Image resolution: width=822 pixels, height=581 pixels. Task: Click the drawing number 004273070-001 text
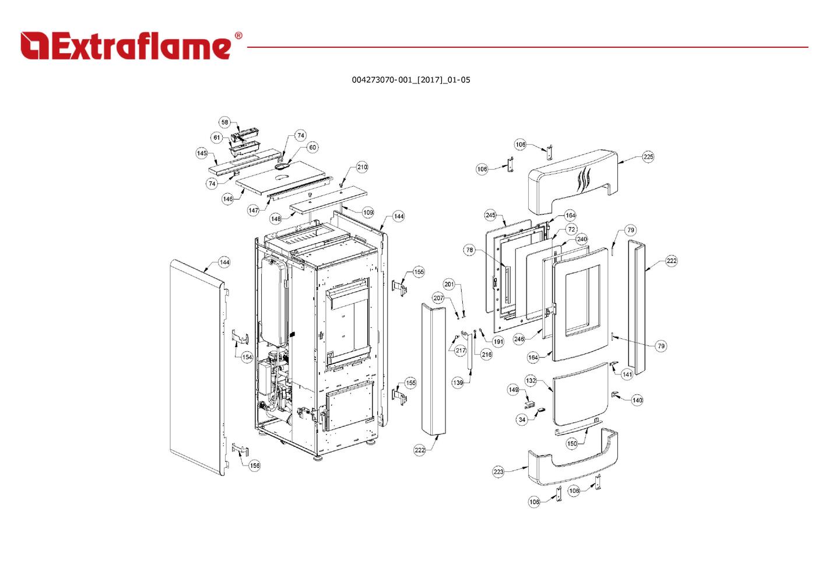click(410, 80)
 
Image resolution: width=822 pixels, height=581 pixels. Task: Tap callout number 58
click(224, 123)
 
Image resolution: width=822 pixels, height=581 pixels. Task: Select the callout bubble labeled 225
click(648, 157)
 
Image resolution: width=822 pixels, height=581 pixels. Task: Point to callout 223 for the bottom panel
click(498, 472)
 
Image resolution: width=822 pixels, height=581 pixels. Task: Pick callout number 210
click(362, 167)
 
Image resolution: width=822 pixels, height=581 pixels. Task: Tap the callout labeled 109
click(368, 212)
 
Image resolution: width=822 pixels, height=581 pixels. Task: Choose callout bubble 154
click(247, 357)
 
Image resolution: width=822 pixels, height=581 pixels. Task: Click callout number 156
click(254, 466)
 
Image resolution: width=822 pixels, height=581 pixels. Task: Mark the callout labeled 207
click(438, 298)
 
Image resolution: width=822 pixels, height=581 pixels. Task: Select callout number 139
click(458, 383)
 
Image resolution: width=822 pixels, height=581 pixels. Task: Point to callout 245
click(490, 215)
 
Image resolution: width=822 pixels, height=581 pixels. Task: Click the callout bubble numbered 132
click(531, 380)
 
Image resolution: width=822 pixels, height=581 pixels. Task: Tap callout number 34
click(522, 419)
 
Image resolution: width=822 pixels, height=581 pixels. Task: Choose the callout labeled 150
click(572, 443)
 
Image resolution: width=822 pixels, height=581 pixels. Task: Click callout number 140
click(637, 400)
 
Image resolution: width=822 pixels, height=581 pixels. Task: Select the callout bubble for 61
click(217, 138)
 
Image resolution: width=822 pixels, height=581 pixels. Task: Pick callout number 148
click(276, 219)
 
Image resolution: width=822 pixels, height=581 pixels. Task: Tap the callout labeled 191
click(498, 342)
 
